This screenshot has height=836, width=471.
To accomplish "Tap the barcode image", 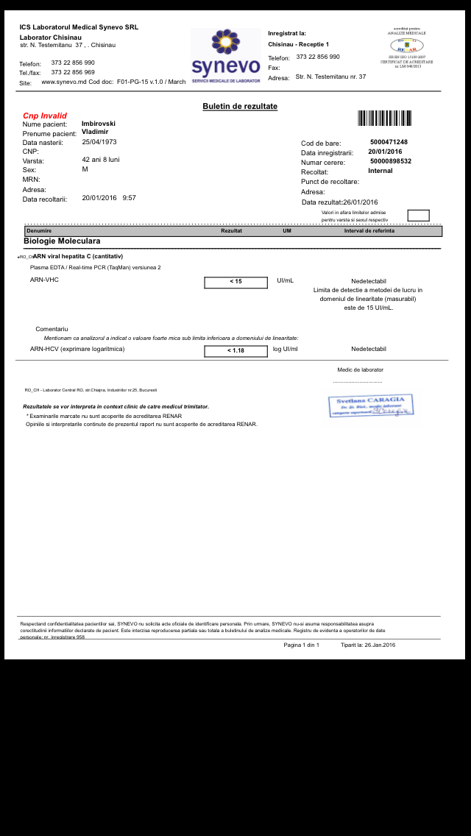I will [384, 118].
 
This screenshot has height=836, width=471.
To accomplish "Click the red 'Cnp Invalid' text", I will [45, 116].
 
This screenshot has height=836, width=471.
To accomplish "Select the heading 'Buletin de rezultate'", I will [240, 107].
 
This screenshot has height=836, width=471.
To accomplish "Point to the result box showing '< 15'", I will [235, 282].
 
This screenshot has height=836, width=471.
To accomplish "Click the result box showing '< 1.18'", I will [235, 350].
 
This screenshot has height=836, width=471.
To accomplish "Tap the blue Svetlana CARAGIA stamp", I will [371, 405].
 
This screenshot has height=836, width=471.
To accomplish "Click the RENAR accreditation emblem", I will [406, 46].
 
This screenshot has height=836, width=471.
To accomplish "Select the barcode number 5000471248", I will [389, 142].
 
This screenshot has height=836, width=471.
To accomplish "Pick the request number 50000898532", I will [391, 161].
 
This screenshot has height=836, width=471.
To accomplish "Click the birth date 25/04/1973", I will [99, 142].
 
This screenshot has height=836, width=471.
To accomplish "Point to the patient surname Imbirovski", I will [98, 124].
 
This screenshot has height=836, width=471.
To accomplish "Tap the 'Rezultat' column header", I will [231, 231].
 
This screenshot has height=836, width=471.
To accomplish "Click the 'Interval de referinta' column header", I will [369, 231].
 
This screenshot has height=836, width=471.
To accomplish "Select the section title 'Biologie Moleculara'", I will [62, 241].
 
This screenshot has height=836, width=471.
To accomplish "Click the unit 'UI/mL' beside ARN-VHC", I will [285, 280].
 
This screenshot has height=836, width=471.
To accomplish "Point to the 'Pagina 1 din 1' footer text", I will [301, 645].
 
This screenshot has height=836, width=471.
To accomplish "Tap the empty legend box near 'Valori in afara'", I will [418, 216].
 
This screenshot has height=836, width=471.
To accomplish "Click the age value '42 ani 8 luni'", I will [100, 160].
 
